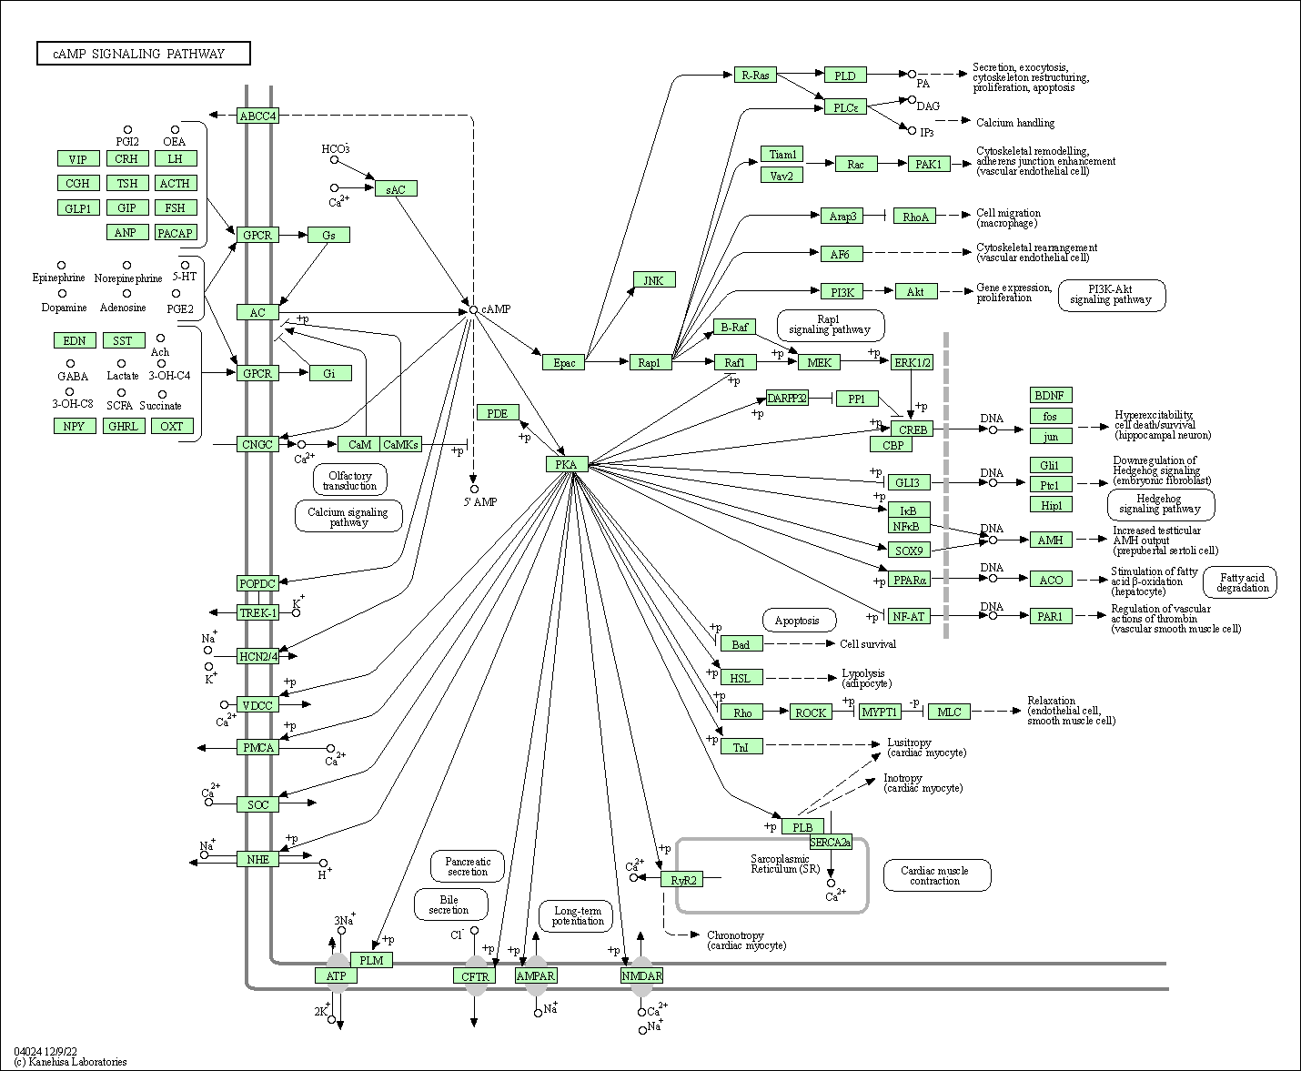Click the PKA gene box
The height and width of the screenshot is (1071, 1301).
pos(567,465)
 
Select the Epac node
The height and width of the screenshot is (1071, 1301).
pos(564,362)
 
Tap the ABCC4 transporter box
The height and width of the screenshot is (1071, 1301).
pos(257,116)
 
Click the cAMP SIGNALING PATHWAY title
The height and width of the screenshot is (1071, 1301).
pos(144,54)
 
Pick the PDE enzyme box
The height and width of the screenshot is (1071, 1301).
pos(497,413)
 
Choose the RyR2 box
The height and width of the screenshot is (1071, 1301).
pos(683,880)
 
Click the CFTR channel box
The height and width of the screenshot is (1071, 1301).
pos(475,976)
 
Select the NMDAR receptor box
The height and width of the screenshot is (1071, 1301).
pos(641,976)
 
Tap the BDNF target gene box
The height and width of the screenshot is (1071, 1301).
pos(1051,395)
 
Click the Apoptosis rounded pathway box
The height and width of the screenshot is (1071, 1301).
pos(797,621)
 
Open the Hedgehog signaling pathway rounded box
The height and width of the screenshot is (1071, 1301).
pos(1160,503)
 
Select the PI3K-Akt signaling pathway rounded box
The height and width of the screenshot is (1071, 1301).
pos(1111,295)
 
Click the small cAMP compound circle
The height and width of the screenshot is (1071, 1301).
pos(473,310)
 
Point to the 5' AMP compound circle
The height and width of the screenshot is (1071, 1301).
pos(474,490)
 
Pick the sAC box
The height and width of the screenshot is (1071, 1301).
pos(396,188)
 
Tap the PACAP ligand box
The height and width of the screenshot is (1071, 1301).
pos(175,233)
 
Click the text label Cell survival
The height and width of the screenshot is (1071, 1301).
pos(867,644)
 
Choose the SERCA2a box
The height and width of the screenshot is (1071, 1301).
pos(830,843)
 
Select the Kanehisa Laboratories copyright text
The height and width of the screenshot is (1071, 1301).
pos(70,1062)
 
